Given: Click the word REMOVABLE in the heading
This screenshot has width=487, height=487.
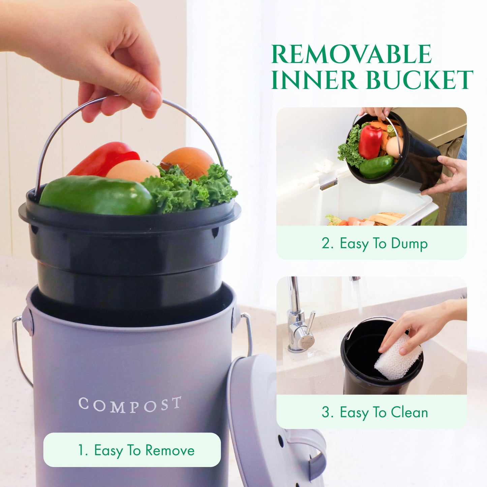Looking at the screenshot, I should [351, 55].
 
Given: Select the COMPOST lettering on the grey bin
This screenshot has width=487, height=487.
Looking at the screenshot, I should [130, 405].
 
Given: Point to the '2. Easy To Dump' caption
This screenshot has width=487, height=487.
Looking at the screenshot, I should [374, 243].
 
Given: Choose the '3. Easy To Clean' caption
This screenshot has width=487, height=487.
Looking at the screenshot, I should [374, 412].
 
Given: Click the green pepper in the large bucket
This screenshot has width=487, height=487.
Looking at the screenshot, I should [96, 196].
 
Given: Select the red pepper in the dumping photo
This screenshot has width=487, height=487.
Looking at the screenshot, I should [370, 142].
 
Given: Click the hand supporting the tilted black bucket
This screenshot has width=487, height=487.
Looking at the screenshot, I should [448, 175].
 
